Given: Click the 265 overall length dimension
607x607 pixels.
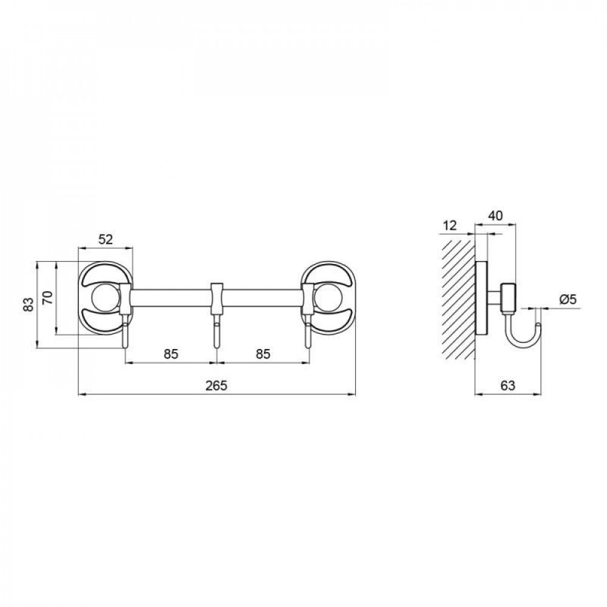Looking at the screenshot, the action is pyautogui.click(x=217, y=385).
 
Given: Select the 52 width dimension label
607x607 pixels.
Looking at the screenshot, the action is pyautogui.click(x=105, y=240).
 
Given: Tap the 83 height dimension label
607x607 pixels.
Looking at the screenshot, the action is pyautogui.click(x=28, y=305).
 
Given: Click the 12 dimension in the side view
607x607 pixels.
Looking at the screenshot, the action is pyautogui.click(x=450, y=225).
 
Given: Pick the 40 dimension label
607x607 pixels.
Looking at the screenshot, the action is pyautogui.click(x=495, y=215).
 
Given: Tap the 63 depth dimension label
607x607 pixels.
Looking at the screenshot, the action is pyautogui.click(x=508, y=385).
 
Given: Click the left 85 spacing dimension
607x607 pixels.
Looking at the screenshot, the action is pyautogui.click(x=171, y=354).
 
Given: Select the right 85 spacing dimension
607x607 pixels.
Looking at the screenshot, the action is pyautogui.click(x=263, y=354).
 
